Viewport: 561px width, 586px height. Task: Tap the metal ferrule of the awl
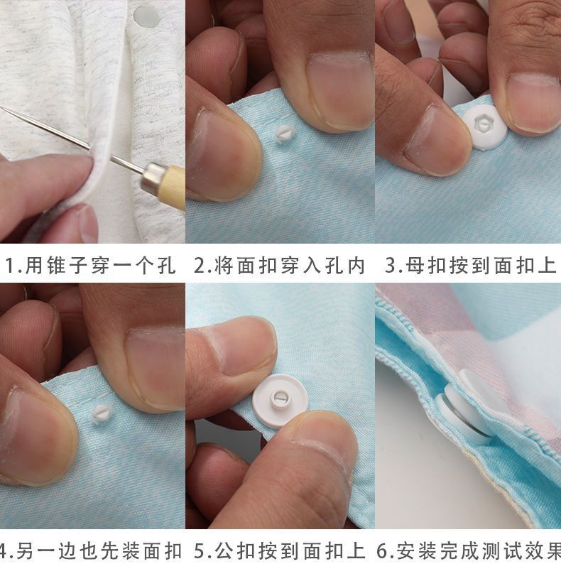click(151, 178)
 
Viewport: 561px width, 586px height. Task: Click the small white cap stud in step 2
click(285, 133)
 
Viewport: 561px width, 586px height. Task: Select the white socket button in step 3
click(485, 126)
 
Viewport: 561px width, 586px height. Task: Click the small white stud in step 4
click(101, 414)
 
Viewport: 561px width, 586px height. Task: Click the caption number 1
click(11, 266)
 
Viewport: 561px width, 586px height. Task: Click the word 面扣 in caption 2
click(256, 266)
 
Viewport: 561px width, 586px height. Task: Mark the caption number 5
click(200, 552)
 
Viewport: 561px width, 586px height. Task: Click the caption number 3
click(390, 266)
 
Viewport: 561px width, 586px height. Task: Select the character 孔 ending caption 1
click(166, 266)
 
